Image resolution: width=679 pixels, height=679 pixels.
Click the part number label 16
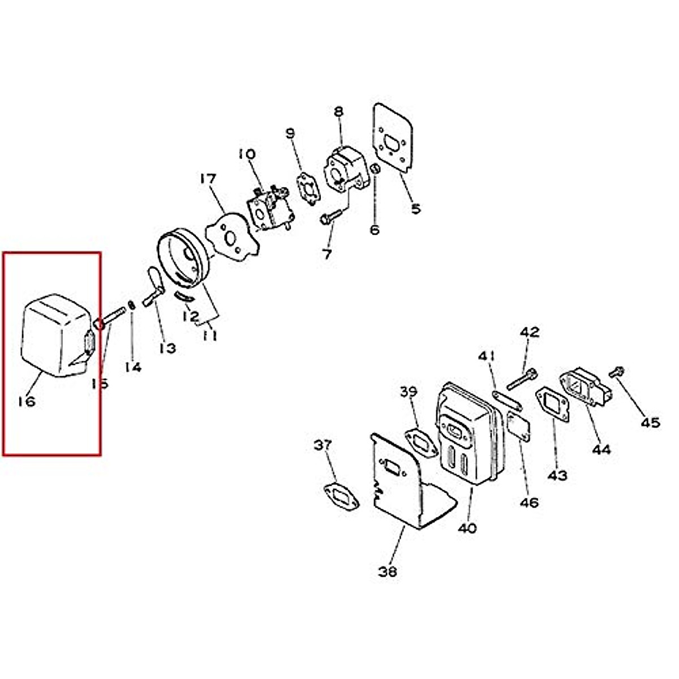[27, 401]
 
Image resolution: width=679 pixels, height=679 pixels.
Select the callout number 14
[133, 367]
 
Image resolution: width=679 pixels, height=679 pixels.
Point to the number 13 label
[167, 348]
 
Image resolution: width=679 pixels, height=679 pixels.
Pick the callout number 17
[208, 179]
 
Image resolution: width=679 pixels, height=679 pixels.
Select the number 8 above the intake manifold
[338, 111]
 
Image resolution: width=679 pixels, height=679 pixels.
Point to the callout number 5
[416, 209]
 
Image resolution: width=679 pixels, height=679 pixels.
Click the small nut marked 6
[373, 169]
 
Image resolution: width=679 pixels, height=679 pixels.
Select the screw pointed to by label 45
[616, 372]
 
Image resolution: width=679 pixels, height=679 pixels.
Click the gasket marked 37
[340, 496]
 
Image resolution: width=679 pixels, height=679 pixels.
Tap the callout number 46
[530, 502]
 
